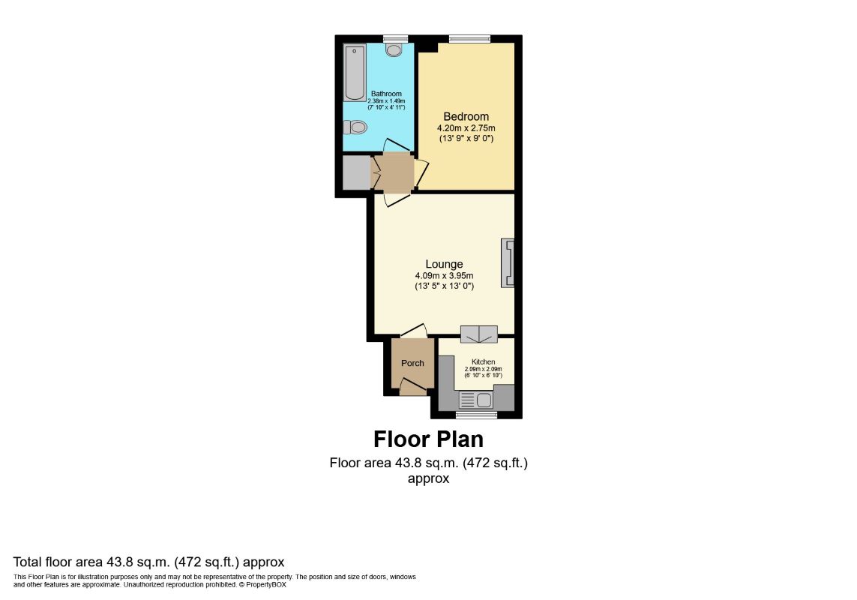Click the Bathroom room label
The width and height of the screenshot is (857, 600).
point(386,94)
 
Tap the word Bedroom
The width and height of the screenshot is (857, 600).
point(466,116)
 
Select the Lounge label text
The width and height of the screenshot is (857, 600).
point(445,264)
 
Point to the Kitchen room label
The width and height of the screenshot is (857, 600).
point(484,361)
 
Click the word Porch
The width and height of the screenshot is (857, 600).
point(412,363)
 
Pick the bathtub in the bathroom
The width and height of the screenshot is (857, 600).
point(354,73)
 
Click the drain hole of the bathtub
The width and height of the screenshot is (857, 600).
point(355,50)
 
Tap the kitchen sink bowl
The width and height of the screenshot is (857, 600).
point(484,400)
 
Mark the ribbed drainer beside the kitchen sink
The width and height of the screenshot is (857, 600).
point(467,400)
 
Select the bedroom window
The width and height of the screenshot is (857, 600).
point(469,39)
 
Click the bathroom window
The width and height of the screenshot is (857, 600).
point(396,39)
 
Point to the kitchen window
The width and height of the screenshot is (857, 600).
point(477,415)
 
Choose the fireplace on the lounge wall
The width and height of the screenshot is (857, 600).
point(508,263)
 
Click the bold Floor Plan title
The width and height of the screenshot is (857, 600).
point(429,439)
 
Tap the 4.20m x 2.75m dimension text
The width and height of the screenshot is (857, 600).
point(466,128)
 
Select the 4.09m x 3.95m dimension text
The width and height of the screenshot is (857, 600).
point(445,276)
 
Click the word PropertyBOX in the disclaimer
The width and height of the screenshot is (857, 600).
point(265,585)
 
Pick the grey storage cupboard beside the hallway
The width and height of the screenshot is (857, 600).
point(356,172)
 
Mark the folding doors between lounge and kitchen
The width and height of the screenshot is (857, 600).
point(479,334)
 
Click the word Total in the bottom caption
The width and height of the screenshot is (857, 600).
point(27,562)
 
